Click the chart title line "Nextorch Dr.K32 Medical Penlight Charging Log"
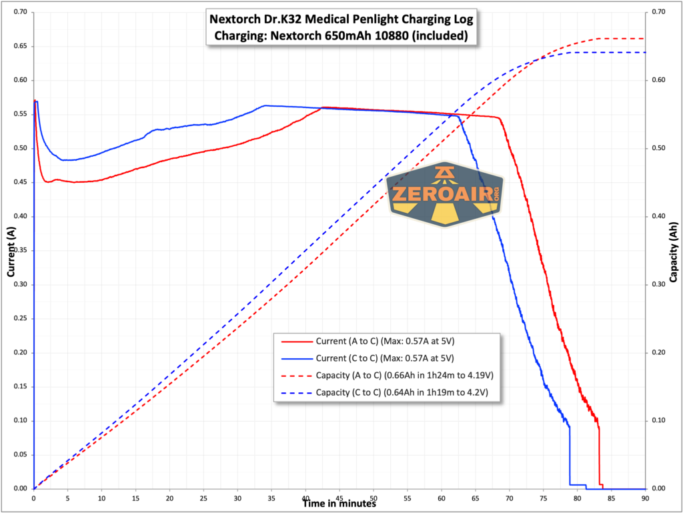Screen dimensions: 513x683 [341, 19]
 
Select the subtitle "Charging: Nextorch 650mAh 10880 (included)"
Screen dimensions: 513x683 [341, 35]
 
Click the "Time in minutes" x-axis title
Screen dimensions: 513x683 [339, 504]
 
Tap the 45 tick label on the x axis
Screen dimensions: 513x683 [339, 497]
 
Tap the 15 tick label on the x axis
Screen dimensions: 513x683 [135, 497]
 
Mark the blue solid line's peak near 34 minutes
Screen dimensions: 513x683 [265, 105]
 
